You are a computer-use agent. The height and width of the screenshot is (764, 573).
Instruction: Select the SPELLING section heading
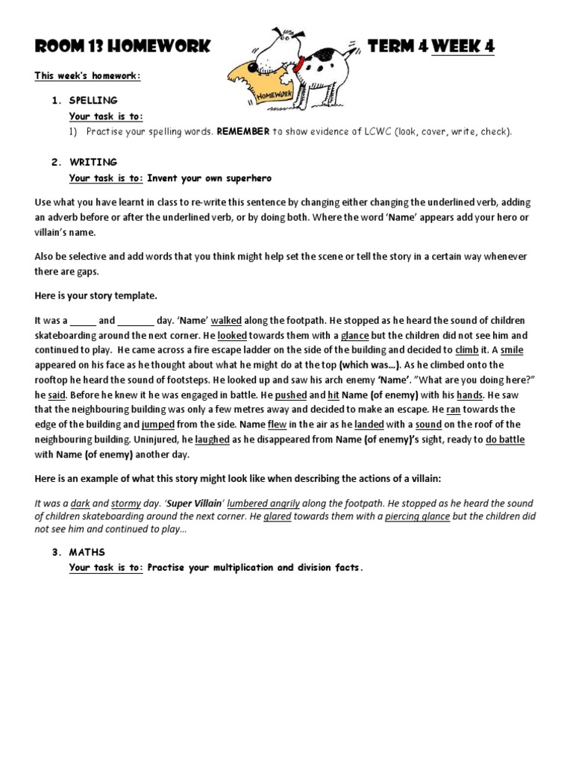tap(93, 100)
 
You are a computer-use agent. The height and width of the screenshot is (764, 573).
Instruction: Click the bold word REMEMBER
tap(243, 131)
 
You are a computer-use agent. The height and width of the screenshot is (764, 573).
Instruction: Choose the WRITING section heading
tap(93, 162)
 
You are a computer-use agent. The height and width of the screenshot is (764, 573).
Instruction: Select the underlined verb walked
tap(226, 320)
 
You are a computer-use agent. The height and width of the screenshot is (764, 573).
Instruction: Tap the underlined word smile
tap(513, 350)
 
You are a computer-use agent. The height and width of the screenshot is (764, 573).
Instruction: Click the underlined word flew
tap(277, 425)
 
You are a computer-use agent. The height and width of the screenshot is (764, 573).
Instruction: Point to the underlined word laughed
tap(212, 439)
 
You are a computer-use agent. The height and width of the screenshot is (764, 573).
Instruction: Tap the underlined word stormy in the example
tap(125, 504)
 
